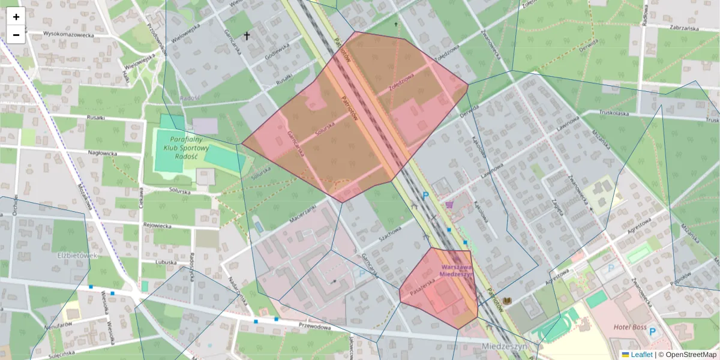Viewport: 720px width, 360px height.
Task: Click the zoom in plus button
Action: tap(16, 17)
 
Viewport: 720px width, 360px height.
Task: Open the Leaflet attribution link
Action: tap(641, 355)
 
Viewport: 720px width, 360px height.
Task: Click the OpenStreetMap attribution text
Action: tap(690, 355)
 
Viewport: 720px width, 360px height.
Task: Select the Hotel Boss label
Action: tap(630, 328)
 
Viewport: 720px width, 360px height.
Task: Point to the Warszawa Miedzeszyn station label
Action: tap(457, 271)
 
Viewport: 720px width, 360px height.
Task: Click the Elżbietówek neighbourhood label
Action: tap(77, 255)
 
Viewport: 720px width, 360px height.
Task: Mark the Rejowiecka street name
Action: tap(157, 226)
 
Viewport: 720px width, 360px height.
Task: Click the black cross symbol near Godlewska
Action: tap(246, 36)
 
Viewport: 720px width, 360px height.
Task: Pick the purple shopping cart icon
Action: tap(449, 205)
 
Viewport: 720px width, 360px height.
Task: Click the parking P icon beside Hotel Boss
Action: tap(653, 331)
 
